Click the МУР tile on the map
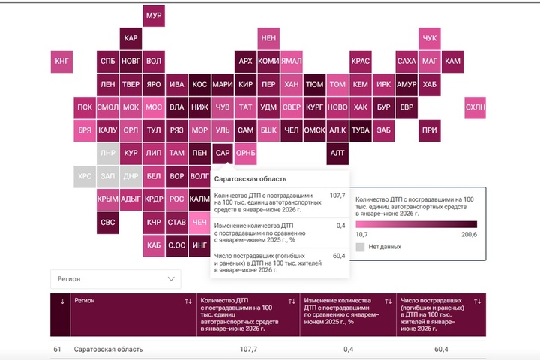tap(154, 16)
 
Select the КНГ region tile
tap(61, 61)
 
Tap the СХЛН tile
tap(475, 107)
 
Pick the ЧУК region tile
tap(430, 38)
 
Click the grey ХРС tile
tap(85, 176)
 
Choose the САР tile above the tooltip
tap(223, 153)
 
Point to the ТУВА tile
tap(360, 130)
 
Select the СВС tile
tap(108, 223)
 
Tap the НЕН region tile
tap(268, 38)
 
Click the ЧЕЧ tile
tap(199, 223)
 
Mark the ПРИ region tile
tap(430, 130)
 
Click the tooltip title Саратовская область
tap(250, 179)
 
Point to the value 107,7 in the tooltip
tap(337, 196)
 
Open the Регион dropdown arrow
tap(171, 279)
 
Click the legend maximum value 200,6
tap(469, 235)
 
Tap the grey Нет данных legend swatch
tap(360, 247)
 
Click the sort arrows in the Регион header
tap(188, 301)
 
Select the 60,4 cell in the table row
tap(441, 349)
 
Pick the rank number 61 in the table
tap(57, 349)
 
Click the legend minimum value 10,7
tap(361, 235)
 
